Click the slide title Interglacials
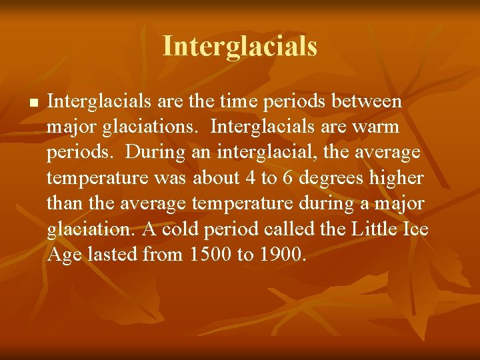[240, 46]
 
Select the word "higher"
[400, 177]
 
